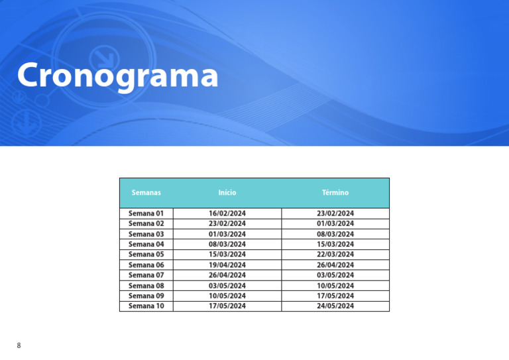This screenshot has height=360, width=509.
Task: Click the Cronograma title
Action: [x=117, y=76]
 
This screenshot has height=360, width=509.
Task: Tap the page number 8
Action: [x=19, y=345]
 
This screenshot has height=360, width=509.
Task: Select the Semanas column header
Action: [x=146, y=192]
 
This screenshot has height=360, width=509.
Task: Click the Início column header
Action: [x=227, y=192]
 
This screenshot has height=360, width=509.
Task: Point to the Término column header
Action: [x=335, y=192]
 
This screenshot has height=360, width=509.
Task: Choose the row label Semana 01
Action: [x=146, y=213]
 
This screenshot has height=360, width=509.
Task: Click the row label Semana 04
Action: [x=146, y=244]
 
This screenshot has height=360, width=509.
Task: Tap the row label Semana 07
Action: [x=146, y=275]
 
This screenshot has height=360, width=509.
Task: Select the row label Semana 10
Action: [x=146, y=306]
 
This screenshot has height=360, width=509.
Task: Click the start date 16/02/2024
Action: [x=227, y=213]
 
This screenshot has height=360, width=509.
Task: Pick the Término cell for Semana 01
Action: [x=335, y=213]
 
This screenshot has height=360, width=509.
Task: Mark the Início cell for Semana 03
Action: [x=227, y=234]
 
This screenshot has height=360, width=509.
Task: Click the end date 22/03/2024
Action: [x=335, y=254]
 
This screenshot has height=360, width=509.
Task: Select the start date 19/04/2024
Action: [x=227, y=265]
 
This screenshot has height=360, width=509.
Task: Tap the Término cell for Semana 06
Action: [x=335, y=265]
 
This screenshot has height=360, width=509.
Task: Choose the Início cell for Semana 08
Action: [x=227, y=286]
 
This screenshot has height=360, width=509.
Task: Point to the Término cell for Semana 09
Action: [x=335, y=296]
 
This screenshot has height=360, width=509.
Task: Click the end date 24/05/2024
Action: [x=335, y=306]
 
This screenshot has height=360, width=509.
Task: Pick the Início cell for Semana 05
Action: [x=227, y=254]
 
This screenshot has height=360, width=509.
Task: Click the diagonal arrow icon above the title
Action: [x=105, y=58]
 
